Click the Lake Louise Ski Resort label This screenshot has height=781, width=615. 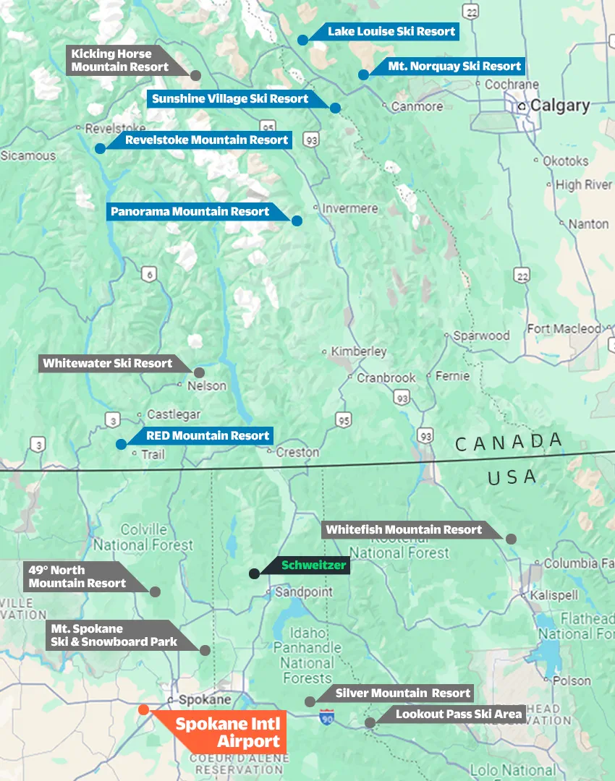tap(391, 31)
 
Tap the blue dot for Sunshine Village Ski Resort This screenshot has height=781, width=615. tap(335, 108)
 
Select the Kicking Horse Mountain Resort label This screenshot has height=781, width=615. tap(119, 60)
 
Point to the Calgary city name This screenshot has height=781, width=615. tap(560, 106)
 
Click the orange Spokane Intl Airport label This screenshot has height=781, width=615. tap(228, 732)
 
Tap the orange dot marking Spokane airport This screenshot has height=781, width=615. tap(144, 709)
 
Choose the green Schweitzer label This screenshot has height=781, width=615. tap(314, 566)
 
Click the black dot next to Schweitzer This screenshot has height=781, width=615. tap(254, 573)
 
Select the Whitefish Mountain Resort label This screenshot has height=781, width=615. tap(404, 529)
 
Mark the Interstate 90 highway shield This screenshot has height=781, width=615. tap(326, 717)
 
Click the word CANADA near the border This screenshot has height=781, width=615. tap(509, 442)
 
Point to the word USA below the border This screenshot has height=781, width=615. tap(512, 477)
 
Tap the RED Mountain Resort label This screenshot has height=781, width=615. tap(208, 435)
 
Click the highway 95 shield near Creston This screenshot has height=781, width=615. tap(343, 420)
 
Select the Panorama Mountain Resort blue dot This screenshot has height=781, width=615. tap(297, 221)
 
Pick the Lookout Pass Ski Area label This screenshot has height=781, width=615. tap(459, 714)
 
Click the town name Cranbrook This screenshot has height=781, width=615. tap(386, 377)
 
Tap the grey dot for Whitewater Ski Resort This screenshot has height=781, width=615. tap(199, 372)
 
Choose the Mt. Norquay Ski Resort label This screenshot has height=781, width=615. tap(454, 66)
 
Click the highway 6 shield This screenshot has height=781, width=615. tap(149, 273)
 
